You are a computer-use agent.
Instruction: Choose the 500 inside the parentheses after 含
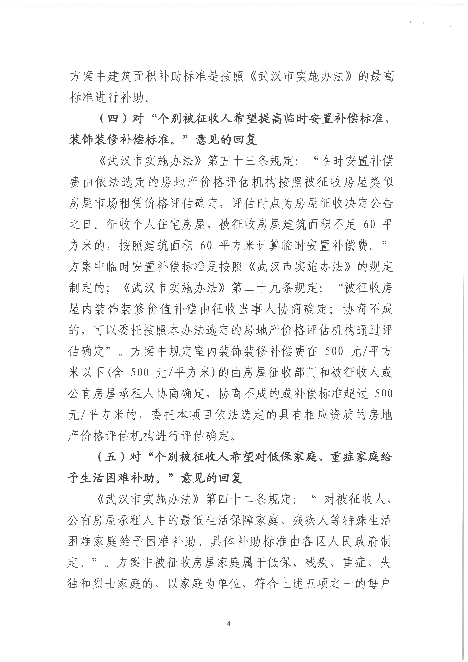click(140, 373)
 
